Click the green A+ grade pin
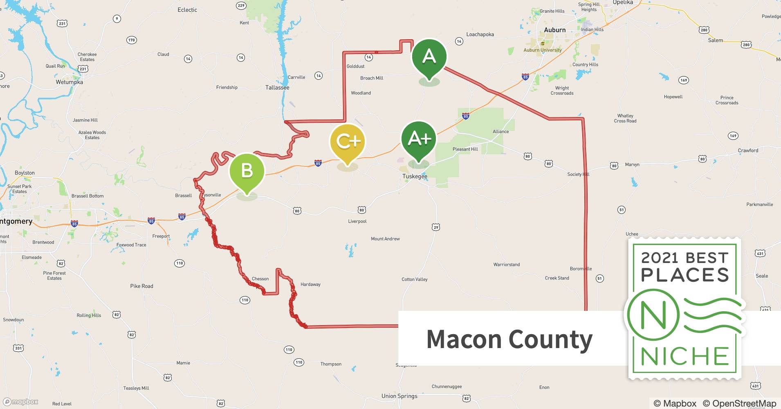click(x=419, y=140)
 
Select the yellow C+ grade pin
click(x=347, y=142)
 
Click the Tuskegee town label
click(x=415, y=176)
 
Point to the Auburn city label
click(x=554, y=30)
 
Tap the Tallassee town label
click(x=277, y=88)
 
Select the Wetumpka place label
click(x=70, y=82)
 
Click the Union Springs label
click(x=399, y=396)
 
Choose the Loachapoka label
click(x=480, y=34)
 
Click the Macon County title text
click(x=509, y=339)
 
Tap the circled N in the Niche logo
click(x=653, y=315)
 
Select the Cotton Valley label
click(x=414, y=279)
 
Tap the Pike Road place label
click(x=141, y=286)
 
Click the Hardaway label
click(x=310, y=285)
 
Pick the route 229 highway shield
click(x=241, y=5)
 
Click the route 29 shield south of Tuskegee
click(x=436, y=227)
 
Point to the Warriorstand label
click(x=506, y=265)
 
